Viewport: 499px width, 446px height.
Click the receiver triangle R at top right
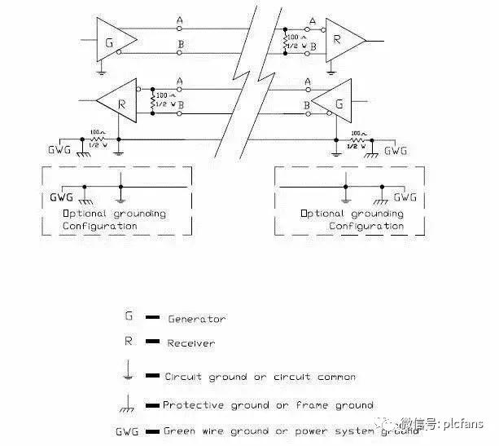[x=343, y=40]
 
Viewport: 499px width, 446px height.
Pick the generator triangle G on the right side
[x=329, y=104]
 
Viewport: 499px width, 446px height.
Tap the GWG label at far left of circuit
[x=60, y=151]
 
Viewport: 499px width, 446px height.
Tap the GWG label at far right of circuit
[x=395, y=151]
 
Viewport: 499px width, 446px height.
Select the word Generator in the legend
[x=196, y=319]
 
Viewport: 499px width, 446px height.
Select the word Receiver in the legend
[x=191, y=343]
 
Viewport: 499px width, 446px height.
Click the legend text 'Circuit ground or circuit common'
[x=260, y=377]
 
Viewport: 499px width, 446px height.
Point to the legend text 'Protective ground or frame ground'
[x=268, y=404]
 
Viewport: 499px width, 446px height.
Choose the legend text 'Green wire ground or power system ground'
[x=291, y=431]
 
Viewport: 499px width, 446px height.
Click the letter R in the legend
[x=129, y=342]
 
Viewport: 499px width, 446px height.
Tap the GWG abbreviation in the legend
[x=129, y=431]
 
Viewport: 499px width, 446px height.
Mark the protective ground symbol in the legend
[x=129, y=402]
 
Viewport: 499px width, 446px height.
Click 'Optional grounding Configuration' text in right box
[x=352, y=219]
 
